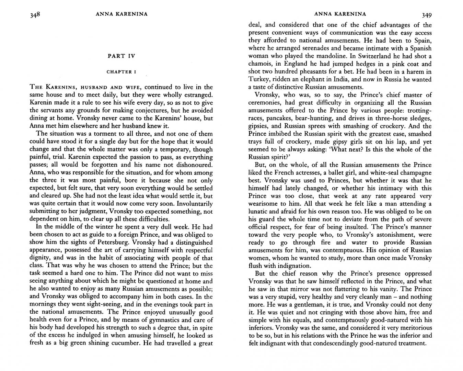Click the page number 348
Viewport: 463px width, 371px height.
click(x=35, y=15)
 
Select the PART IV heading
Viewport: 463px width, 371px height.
click(x=121, y=56)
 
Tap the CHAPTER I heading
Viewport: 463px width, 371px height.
click(x=121, y=72)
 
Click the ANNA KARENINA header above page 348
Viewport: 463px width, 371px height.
click(x=121, y=14)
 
